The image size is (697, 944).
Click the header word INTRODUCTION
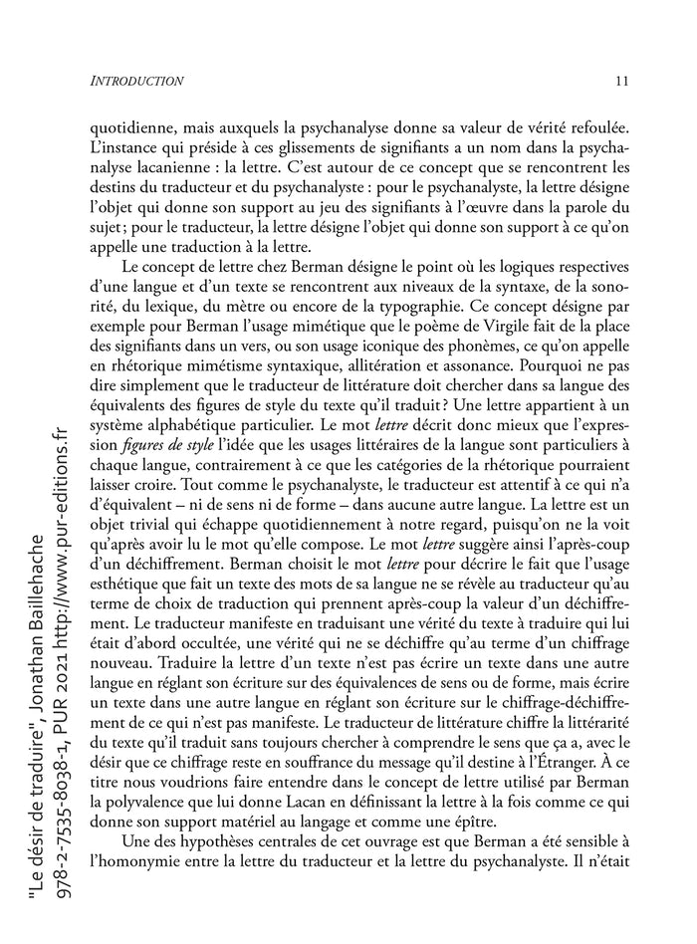[x=136, y=80]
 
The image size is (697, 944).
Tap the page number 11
[x=620, y=80]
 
